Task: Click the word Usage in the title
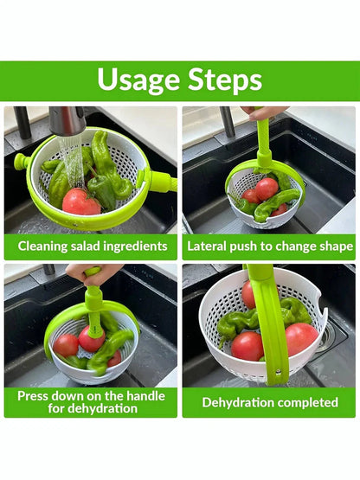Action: (138, 80)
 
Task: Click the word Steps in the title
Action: (225, 79)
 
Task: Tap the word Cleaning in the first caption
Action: (42, 246)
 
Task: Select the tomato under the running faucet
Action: (80, 202)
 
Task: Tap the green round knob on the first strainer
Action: (22, 160)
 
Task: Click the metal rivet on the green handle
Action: (278, 372)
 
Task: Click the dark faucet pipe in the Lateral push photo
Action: (228, 122)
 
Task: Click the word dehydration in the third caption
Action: (102, 409)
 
